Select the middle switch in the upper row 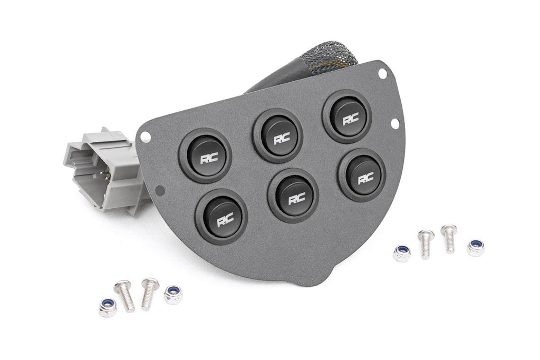(277, 135)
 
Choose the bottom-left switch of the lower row (221, 216)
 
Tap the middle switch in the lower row (293, 195)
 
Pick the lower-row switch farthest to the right (362, 175)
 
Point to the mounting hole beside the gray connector (147, 137)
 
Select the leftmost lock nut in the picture (108, 308)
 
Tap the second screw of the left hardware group (149, 293)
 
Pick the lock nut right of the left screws (173, 295)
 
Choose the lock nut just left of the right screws (402, 253)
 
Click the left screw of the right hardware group (426, 244)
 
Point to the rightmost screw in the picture (449, 238)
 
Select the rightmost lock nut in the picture (475, 247)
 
